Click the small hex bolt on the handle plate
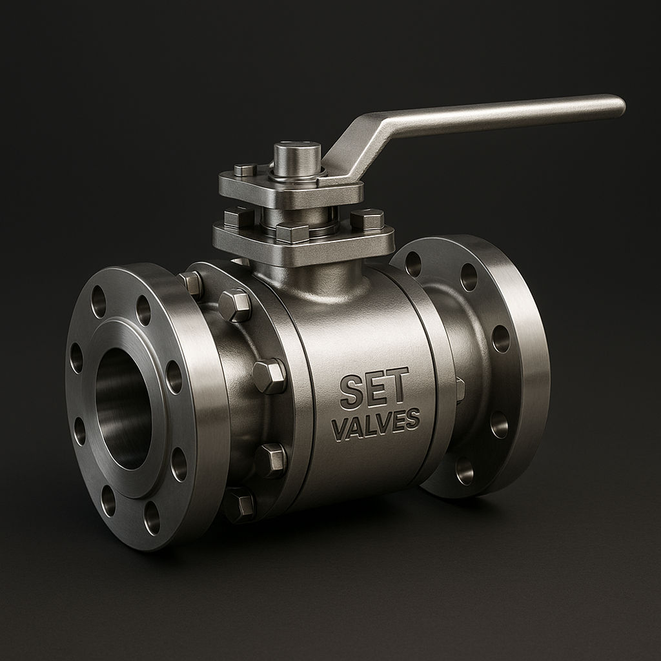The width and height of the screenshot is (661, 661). point(245,170)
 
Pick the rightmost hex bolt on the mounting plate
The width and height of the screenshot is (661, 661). point(367,219)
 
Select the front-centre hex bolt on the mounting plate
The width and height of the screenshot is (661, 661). point(292,232)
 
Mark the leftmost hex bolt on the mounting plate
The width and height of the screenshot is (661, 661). point(239,218)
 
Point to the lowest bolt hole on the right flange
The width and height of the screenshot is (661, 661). point(464,471)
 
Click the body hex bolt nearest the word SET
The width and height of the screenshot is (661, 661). point(269,376)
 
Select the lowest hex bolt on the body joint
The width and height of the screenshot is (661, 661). point(239,504)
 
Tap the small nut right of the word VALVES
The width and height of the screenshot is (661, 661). point(460,389)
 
